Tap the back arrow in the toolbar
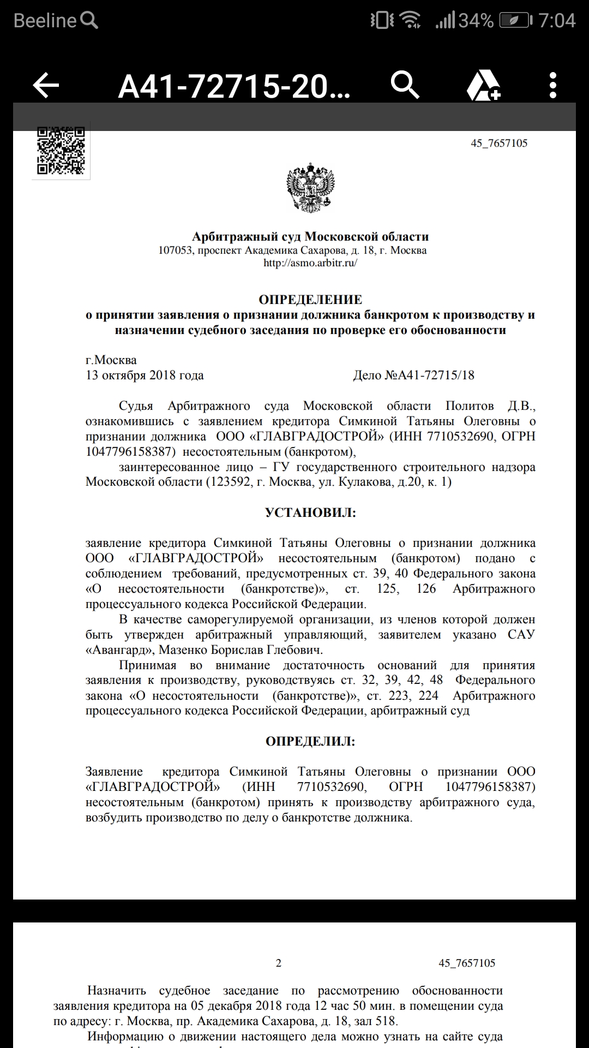coord(46,86)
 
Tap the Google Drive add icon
coord(483,86)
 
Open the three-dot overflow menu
coord(553,86)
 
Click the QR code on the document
coord(61,151)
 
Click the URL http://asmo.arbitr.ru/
coord(310,263)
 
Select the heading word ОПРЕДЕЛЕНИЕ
coord(310,300)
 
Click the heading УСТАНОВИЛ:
coord(310,513)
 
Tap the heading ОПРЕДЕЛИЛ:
coord(310,741)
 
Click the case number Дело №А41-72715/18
coord(414,376)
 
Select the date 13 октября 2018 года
coord(145,376)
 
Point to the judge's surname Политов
coord(469,406)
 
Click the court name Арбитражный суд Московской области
coord(310,237)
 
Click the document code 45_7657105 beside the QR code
coord(499,144)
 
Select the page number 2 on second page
coord(279,963)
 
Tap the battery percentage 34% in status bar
coord(476,21)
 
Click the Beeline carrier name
coord(45,21)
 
